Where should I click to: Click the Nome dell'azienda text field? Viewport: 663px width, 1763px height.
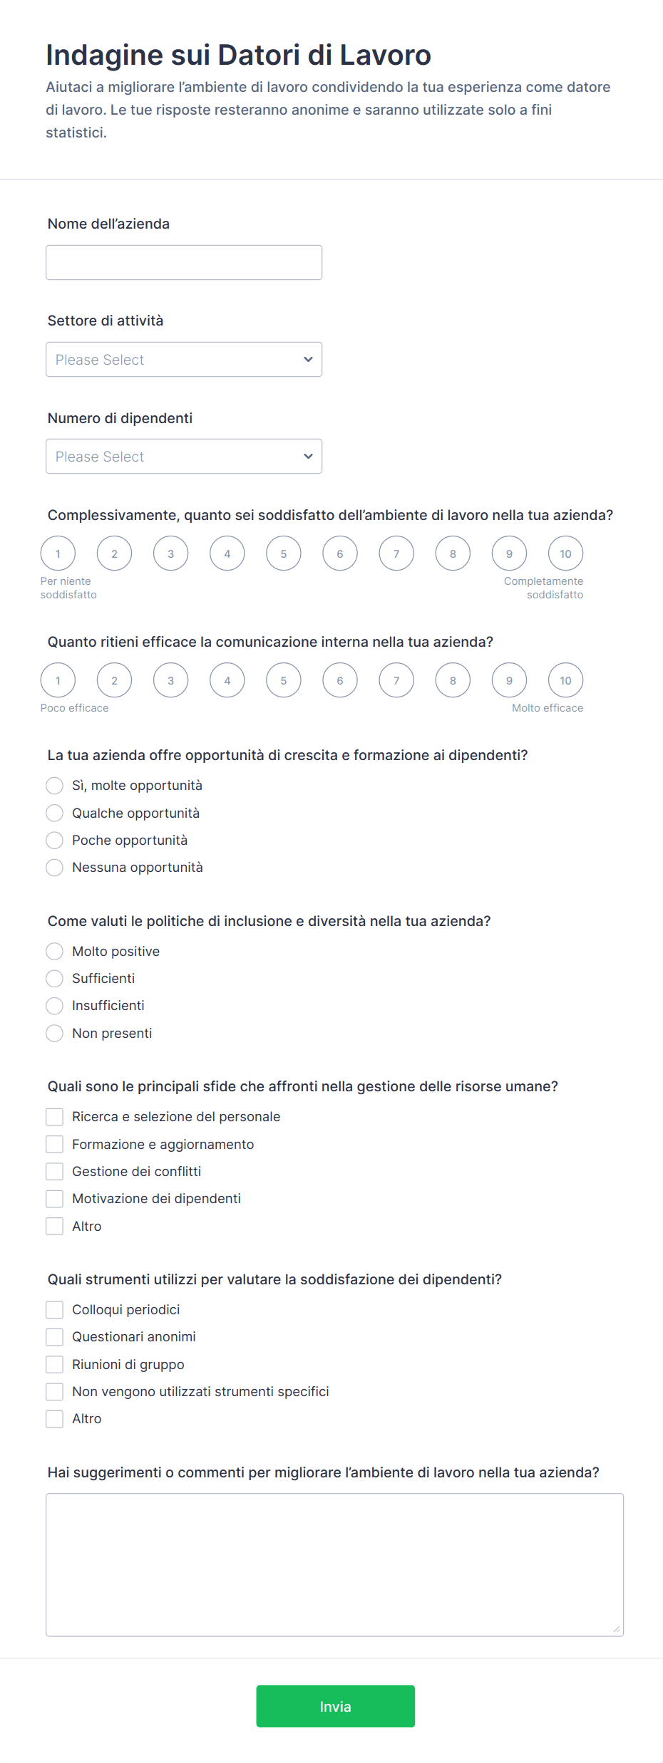184,262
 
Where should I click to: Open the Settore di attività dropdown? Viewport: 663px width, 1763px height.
184,360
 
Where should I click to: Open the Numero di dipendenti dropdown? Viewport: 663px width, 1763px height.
184,457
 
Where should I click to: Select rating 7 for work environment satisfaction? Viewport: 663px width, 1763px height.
396,553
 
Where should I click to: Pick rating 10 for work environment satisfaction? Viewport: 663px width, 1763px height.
565,553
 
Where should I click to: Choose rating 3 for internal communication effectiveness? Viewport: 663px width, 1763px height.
170,680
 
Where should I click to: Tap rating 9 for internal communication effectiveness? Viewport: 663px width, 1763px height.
509,680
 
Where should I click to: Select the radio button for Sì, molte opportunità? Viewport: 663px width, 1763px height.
55,786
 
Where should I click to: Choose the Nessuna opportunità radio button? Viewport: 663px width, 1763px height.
55,868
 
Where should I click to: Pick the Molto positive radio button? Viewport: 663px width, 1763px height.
55,952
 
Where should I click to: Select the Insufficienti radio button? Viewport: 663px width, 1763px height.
55,1006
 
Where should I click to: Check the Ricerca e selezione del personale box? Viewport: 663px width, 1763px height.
55,1117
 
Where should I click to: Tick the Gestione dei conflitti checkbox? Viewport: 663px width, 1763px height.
55,1172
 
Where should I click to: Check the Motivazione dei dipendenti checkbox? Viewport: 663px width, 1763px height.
55,1199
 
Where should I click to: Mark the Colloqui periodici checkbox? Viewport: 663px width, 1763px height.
55,1310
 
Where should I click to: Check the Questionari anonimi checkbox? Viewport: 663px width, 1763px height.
55,1337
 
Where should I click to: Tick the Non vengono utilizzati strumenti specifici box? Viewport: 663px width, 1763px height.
55,1392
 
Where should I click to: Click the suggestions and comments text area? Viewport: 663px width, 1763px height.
334,1564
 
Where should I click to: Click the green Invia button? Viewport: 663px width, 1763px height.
335,1706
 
